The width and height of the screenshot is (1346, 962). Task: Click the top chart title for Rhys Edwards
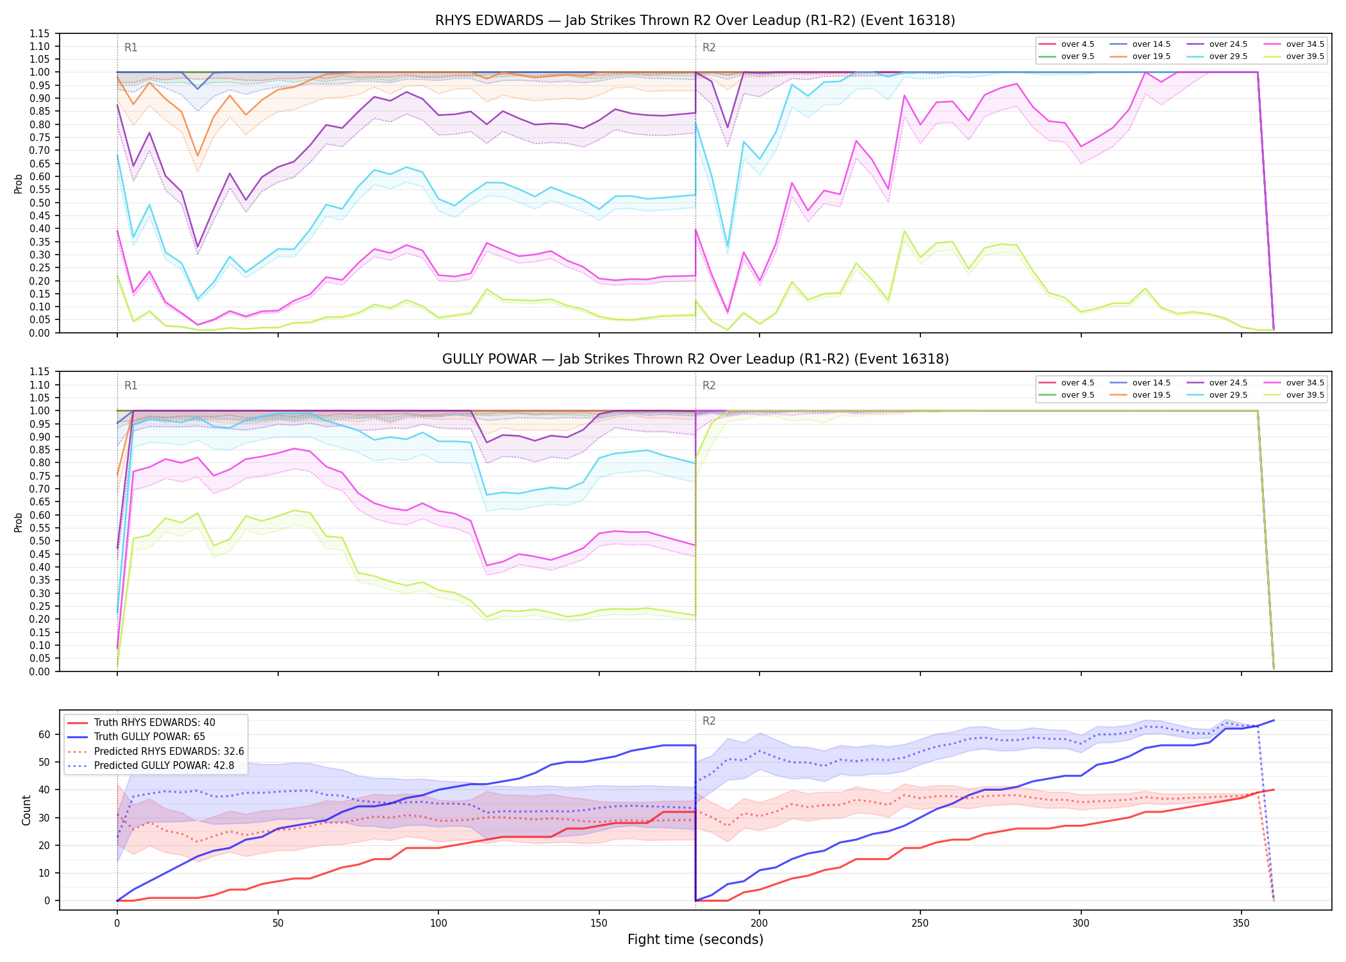click(x=695, y=21)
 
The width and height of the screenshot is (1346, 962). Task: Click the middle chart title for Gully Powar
click(x=695, y=359)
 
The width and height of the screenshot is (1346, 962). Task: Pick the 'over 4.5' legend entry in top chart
click(x=1067, y=44)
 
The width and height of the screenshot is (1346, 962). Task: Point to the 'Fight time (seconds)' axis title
click(x=695, y=940)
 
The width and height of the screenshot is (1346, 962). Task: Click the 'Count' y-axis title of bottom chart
click(x=26, y=810)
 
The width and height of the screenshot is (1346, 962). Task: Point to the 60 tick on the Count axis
click(x=45, y=734)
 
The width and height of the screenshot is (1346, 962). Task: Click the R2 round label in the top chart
click(x=709, y=47)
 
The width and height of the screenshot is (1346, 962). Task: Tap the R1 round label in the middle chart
click(x=131, y=385)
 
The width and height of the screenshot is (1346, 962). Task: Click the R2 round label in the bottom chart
click(x=709, y=721)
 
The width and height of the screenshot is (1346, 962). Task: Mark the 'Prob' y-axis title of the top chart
click(x=19, y=184)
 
